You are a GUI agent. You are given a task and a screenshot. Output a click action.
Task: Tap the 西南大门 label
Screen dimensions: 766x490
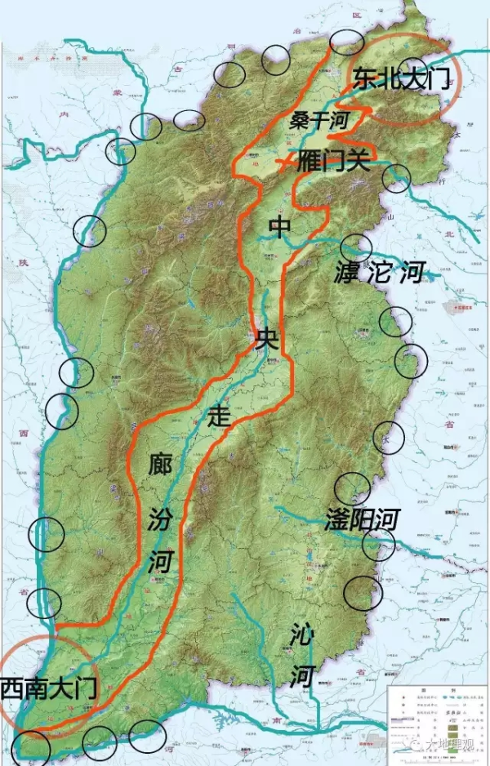pos(49,688)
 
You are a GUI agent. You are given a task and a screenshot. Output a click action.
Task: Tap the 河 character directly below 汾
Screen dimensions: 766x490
pos(161,562)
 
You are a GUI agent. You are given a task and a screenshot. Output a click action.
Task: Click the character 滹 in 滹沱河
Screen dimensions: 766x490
pos(348,272)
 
